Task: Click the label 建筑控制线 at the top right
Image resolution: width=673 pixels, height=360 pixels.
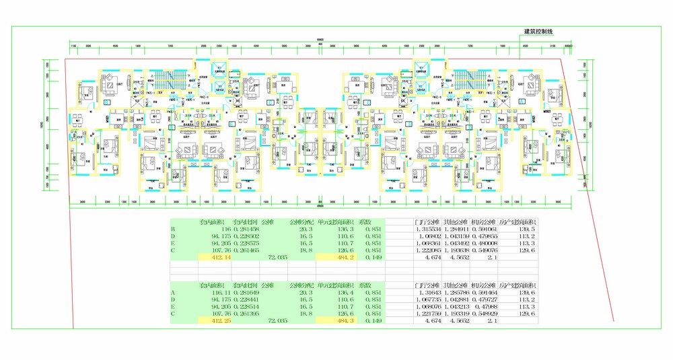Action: point(542,32)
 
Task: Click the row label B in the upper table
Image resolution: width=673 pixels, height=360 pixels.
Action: point(174,229)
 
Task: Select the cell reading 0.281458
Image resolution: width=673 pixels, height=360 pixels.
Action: point(244,229)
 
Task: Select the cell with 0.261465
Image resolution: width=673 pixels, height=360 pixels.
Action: point(244,250)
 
